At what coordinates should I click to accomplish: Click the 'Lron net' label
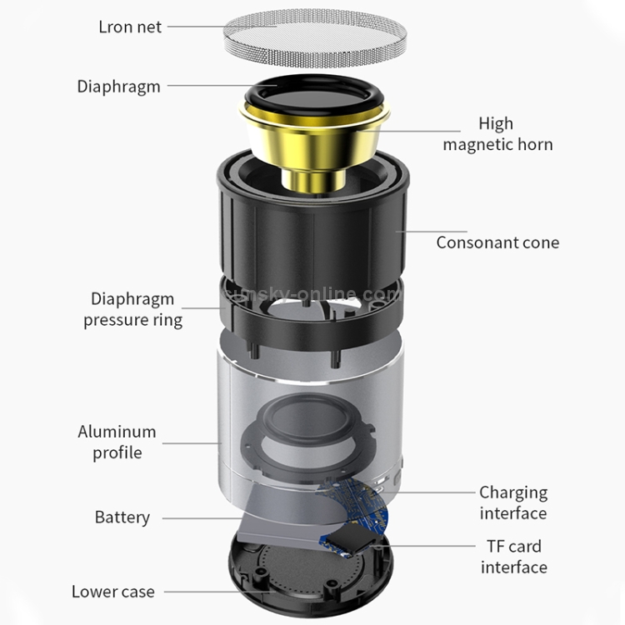[x=130, y=27]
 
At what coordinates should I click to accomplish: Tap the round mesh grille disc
[x=315, y=38]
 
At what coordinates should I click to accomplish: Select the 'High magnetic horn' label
[x=497, y=134]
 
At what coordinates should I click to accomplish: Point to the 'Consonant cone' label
[x=497, y=242]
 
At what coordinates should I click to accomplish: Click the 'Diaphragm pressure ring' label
[x=132, y=310]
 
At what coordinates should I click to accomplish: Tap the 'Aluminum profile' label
[x=117, y=442]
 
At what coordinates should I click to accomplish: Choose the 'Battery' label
[x=122, y=517]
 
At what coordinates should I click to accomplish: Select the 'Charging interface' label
[x=513, y=502]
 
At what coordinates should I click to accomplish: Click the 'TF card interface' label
[x=514, y=557]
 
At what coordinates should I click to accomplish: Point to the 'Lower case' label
[x=113, y=592]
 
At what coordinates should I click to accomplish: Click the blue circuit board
[x=355, y=514]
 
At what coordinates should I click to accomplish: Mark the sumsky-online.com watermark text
[x=311, y=294]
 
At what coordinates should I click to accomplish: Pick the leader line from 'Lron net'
[x=222, y=27]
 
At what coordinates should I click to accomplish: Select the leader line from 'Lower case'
[x=220, y=592]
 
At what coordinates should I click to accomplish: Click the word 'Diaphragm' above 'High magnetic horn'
[x=119, y=87]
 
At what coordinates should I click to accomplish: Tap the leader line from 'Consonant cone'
[x=432, y=231]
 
